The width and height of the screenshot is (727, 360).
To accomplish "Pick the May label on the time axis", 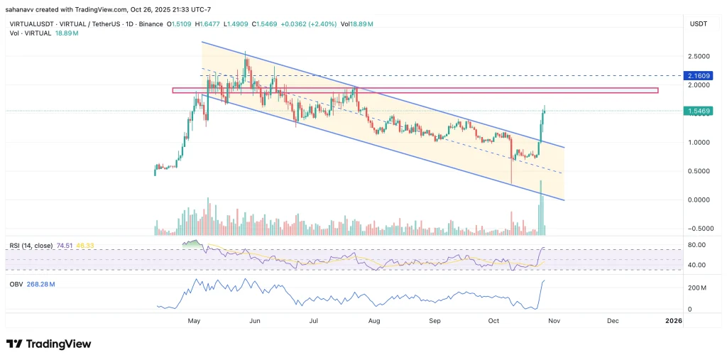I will point(193,321).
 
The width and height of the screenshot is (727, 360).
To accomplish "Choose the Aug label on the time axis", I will point(374,321).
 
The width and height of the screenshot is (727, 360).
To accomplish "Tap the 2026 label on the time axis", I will point(673,321).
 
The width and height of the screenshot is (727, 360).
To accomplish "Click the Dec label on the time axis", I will point(612,321).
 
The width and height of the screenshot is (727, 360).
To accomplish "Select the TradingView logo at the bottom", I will point(49,344).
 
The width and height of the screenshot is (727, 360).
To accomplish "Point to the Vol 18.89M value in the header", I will point(359,24).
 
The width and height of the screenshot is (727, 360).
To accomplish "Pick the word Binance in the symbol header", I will point(150,24).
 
